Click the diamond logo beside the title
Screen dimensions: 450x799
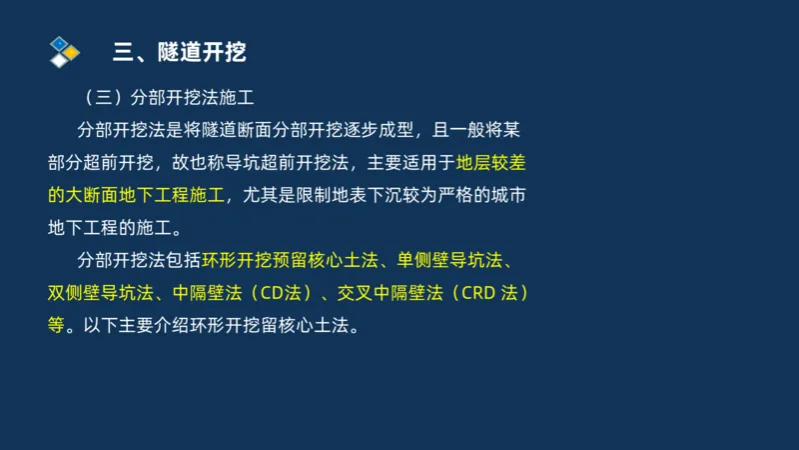[x=64, y=51]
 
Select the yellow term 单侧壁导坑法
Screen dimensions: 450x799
[x=446, y=262]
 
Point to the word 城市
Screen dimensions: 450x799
[x=506, y=194]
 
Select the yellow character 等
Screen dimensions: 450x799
[x=56, y=326]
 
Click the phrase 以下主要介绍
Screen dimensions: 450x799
[x=128, y=326]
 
